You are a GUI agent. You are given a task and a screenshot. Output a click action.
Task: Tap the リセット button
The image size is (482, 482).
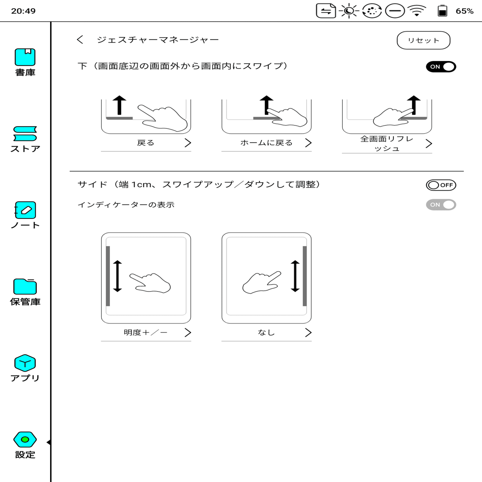[x=423, y=40]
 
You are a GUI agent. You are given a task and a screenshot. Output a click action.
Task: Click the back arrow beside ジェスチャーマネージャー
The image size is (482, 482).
[x=80, y=40]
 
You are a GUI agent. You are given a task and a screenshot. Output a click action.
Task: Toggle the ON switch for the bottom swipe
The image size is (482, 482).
[x=441, y=67]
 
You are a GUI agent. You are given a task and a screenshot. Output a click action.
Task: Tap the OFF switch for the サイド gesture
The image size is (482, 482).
[x=441, y=185]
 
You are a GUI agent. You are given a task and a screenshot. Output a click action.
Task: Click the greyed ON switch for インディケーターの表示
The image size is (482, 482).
[x=441, y=205]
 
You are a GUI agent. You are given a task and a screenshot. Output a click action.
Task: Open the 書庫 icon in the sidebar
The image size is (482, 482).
[x=25, y=58]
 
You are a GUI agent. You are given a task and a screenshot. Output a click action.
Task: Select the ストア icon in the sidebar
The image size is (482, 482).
[x=25, y=134]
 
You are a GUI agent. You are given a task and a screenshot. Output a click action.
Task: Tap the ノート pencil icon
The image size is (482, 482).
[x=25, y=210]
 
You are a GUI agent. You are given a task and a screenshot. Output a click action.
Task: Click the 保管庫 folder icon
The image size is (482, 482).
[x=25, y=287]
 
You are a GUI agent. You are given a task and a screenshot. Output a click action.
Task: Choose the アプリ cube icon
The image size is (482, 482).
[x=25, y=363]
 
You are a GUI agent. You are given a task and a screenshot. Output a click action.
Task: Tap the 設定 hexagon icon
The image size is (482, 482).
[x=25, y=439]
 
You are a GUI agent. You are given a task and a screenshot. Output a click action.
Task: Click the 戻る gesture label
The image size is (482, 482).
[x=145, y=143]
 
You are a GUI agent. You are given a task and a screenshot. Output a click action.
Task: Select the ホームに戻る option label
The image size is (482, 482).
[x=266, y=143]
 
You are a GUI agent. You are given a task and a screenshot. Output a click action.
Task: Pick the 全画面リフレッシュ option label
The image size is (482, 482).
[x=387, y=143]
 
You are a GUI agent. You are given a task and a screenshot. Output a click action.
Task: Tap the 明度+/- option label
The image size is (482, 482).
[x=145, y=333]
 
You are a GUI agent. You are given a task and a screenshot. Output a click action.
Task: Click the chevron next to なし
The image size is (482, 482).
[x=308, y=333]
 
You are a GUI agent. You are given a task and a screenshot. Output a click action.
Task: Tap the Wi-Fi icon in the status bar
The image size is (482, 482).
[x=417, y=11]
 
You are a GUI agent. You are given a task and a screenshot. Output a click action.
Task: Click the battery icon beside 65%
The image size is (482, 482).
[x=442, y=11]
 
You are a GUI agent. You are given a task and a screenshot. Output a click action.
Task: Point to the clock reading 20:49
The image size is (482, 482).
[x=23, y=11]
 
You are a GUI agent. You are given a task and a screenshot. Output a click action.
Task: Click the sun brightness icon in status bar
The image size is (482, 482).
[x=349, y=11]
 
